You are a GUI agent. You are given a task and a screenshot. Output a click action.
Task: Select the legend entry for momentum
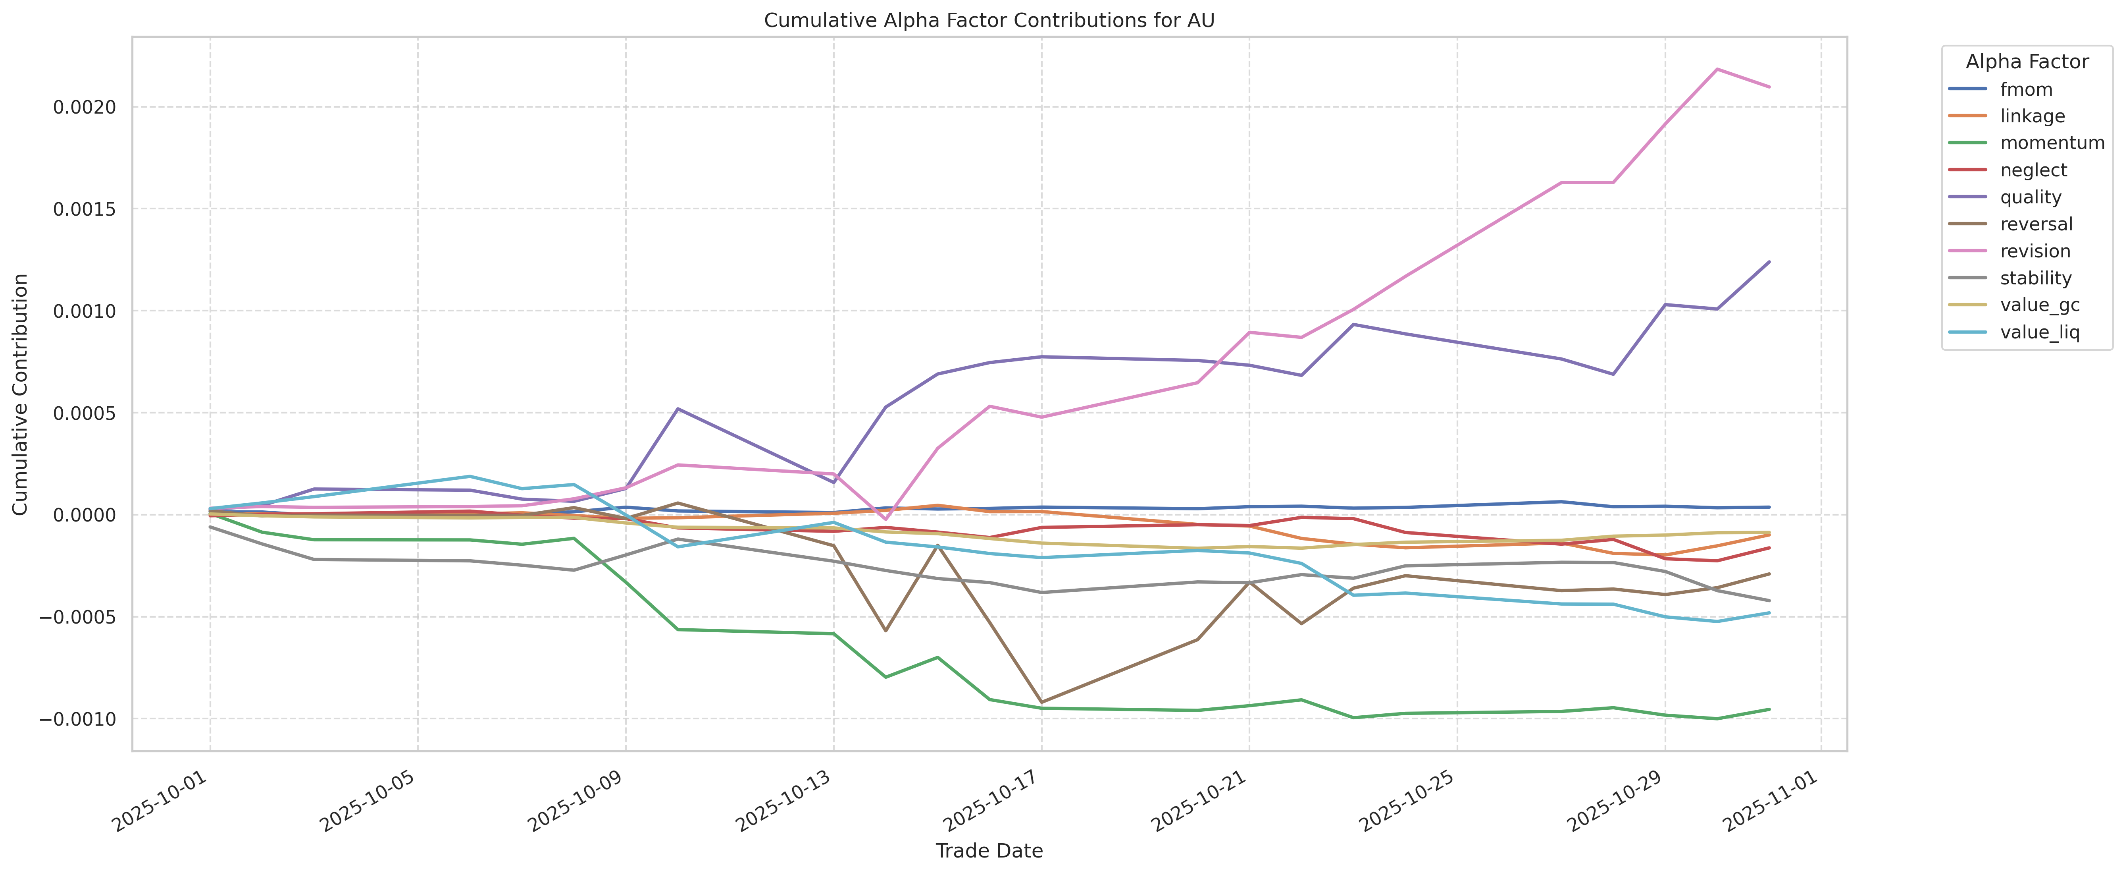click(2052, 143)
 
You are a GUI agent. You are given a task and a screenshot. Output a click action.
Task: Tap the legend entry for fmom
click(2026, 89)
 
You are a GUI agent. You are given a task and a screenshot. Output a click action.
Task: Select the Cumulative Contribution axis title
click(21, 394)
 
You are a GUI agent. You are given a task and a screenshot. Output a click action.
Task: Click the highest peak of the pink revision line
click(1717, 70)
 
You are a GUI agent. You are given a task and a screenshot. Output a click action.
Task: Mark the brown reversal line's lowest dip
click(1041, 702)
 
